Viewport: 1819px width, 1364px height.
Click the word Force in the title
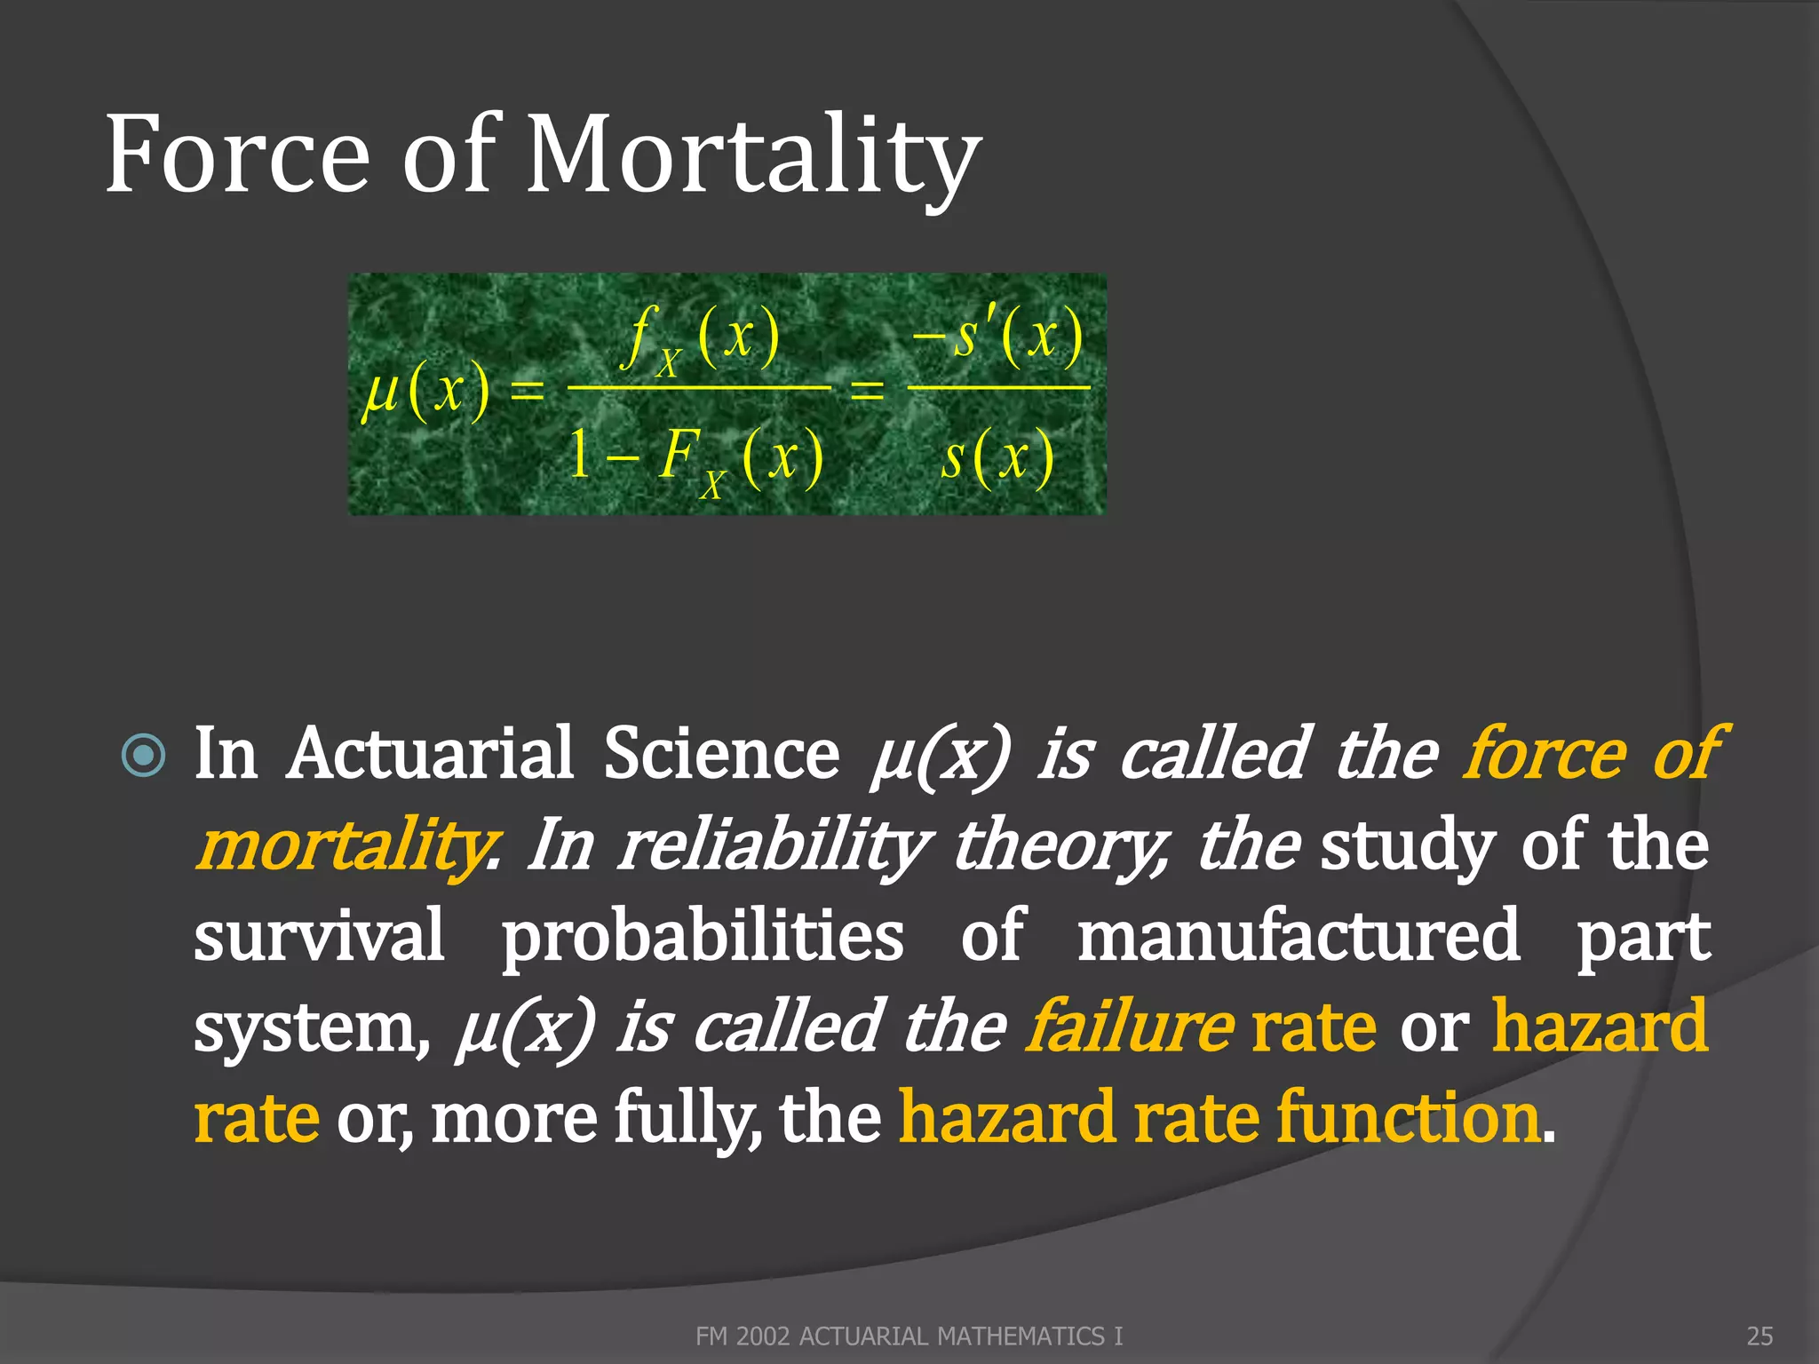[237, 155]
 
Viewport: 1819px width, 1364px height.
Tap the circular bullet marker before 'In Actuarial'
[143, 756]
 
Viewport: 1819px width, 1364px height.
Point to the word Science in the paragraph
[721, 754]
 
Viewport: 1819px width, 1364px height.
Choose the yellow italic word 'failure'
[1129, 1027]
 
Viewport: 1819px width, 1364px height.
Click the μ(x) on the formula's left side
[426, 391]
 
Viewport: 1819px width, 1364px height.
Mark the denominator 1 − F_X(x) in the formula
[697, 457]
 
